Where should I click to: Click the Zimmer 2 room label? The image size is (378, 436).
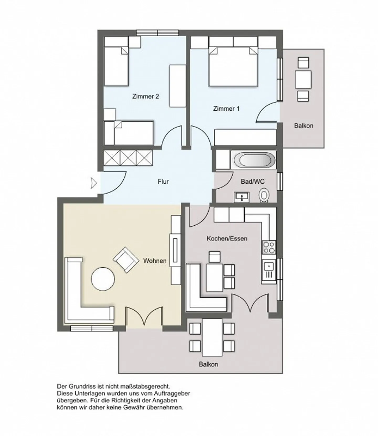tap(145, 96)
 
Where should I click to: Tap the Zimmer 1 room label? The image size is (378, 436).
tap(226, 108)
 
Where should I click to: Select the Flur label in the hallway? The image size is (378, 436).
tap(163, 181)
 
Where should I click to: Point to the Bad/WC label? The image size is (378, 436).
tap(253, 181)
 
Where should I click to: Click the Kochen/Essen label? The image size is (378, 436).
tap(227, 238)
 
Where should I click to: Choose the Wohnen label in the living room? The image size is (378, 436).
tap(155, 261)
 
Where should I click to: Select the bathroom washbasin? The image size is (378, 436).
tap(242, 197)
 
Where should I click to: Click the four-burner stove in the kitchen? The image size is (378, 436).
tap(269, 247)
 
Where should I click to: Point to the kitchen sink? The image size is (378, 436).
tap(269, 271)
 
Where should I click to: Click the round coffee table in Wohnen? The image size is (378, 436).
tap(103, 279)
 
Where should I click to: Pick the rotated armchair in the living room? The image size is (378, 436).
tap(126, 259)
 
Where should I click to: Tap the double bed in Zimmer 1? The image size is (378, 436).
tap(233, 66)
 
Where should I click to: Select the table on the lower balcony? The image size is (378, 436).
tap(212, 337)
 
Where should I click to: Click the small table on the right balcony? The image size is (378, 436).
tap(303, 80)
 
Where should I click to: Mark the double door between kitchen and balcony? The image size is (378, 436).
tap(250, 303)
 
